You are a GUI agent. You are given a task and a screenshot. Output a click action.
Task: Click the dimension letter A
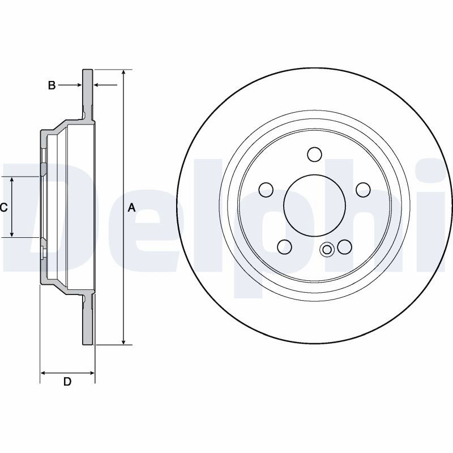pyautogui.click(x=131, y=207)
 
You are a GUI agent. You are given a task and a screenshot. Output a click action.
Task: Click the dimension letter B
pyautogui.click(x=52, y=86)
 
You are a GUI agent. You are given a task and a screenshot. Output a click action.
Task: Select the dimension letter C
pyautogui.click(x=3, y=207)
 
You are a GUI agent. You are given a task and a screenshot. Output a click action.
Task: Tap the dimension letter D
pyautogui.click(x=67, y=382)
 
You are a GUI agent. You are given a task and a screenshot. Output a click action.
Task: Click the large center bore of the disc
pyautogui.click(x=314, y=206)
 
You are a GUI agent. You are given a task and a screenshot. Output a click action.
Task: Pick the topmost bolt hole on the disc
pyautogui.click(x=314, y=155)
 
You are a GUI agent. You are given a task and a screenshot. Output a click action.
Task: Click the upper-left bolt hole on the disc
pyautogui.click(x=266, y=190)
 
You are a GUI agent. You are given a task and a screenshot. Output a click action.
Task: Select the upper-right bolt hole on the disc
pyautogui.click(x=363, y=190)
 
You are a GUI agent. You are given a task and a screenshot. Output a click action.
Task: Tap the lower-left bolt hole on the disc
pyautogui.click(x=284, y=246)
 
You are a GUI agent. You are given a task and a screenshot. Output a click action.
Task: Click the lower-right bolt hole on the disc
pyautogui.click(x=344, y=246)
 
